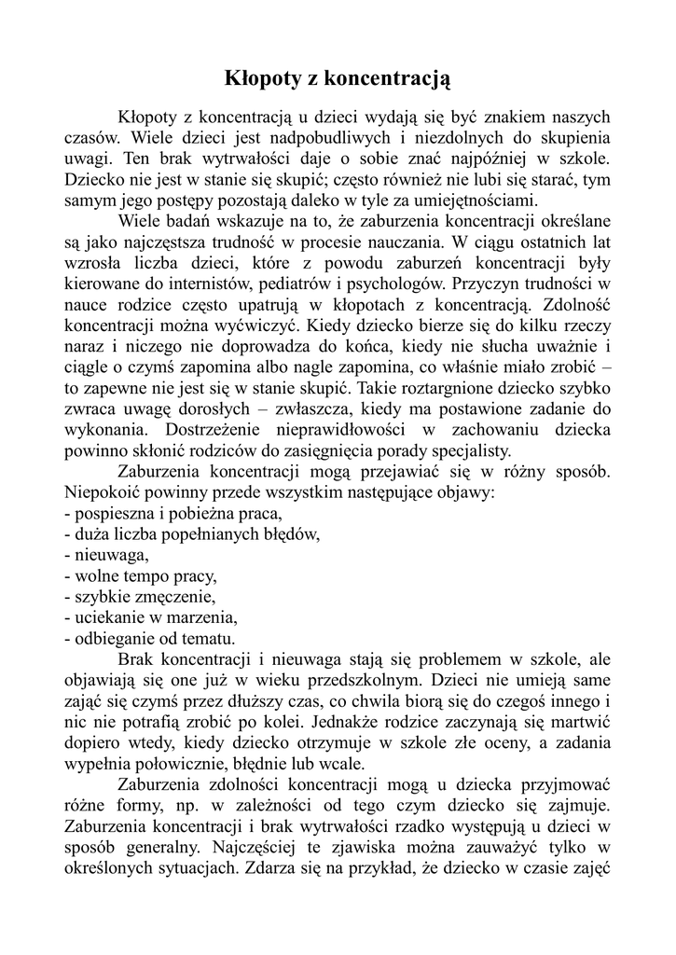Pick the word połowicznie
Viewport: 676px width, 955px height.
coord(172,761)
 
